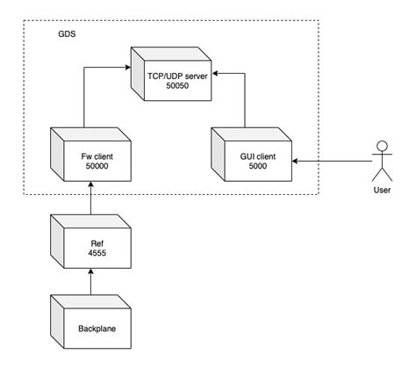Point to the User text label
coord(382,189)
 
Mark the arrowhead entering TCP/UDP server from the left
coord(129,66)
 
